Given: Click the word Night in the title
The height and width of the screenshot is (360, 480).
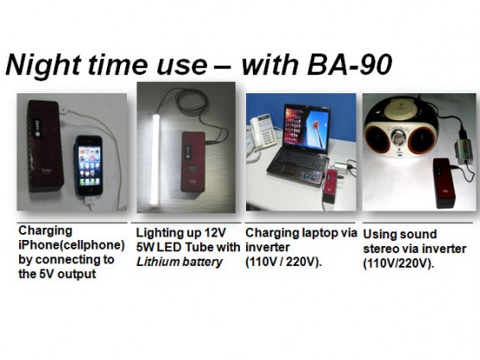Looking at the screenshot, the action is click(x=43, y=65).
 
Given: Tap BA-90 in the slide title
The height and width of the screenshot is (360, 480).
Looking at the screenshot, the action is click(x=350, y=65).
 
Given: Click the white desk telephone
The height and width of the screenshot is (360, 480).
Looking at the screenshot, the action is click(x=262, y=132).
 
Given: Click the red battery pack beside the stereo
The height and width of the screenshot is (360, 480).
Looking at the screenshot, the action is click(x=445, y=182).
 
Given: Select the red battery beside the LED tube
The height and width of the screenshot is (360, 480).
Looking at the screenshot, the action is click(x=193, y=161).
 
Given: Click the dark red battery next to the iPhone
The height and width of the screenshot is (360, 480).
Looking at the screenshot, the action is click(x=45, y=145).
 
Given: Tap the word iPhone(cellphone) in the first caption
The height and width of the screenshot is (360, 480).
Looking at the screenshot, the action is click(x=72, y=245).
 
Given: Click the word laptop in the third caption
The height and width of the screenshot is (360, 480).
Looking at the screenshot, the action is click(x=319, y=233).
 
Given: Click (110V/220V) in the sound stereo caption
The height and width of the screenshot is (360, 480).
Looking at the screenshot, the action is click(x=399, y=263).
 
